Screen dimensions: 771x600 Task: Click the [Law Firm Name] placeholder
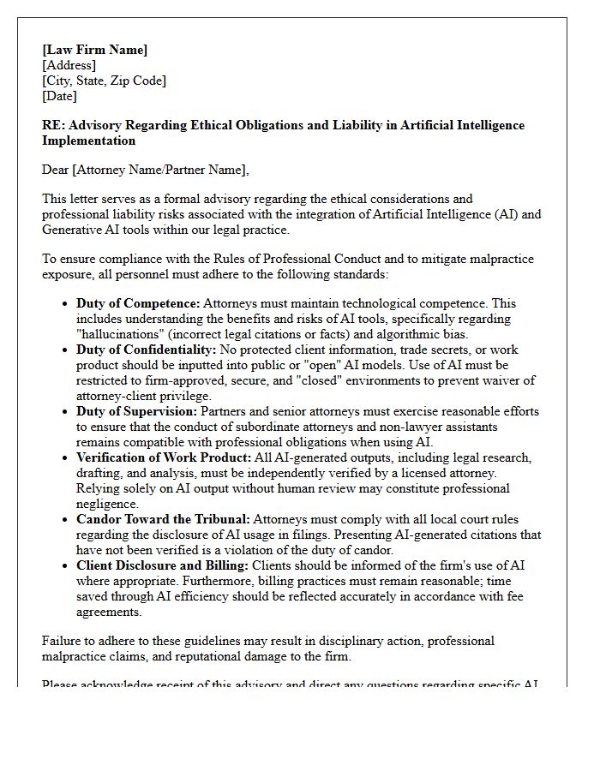pyautogui.click(x=94, y=50)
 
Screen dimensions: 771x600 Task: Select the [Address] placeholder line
pyautogui.click(x=69, y=65)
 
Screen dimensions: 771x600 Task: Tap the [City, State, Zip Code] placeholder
pyautogui.click(x=104, y=81)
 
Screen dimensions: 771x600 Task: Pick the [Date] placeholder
pyautogui.click(x=59, y=96)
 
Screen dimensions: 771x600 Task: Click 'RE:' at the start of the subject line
pyautogui.click(x=54, y=125)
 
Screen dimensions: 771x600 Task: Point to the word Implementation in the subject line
pyautogui.click(x=88, y=140)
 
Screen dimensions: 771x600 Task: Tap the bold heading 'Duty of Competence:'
pyautogui.click(x=138, y=303)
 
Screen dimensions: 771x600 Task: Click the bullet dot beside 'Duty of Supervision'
pyautogui.click(x=66, y=412)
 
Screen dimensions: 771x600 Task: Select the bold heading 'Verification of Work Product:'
pyautogui.click(x=164, y=457)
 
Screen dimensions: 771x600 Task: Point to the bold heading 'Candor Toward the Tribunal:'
pyautogui.click(x=163, y=519)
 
